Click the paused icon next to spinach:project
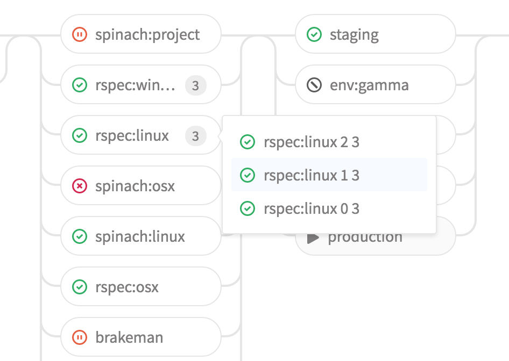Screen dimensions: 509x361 80,35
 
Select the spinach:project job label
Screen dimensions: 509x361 147,35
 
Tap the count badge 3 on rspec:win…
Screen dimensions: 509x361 195,85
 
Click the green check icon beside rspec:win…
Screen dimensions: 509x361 80,85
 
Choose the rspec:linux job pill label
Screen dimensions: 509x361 132,136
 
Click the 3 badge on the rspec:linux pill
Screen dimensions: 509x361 195,136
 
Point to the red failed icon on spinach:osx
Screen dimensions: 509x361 80,186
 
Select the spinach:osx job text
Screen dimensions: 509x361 135,186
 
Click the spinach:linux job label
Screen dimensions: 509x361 140,236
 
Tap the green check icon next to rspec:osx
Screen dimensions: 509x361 80,287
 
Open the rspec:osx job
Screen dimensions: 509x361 127,287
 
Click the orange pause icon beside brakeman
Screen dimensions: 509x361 80,337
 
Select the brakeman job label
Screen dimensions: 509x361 129,337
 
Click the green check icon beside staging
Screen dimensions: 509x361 314,35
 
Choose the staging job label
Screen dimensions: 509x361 354,35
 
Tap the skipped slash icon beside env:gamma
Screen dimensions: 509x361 314,85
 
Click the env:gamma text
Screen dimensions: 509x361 369,85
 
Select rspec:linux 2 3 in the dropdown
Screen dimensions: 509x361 311,142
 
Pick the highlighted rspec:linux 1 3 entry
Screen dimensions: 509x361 311,175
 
